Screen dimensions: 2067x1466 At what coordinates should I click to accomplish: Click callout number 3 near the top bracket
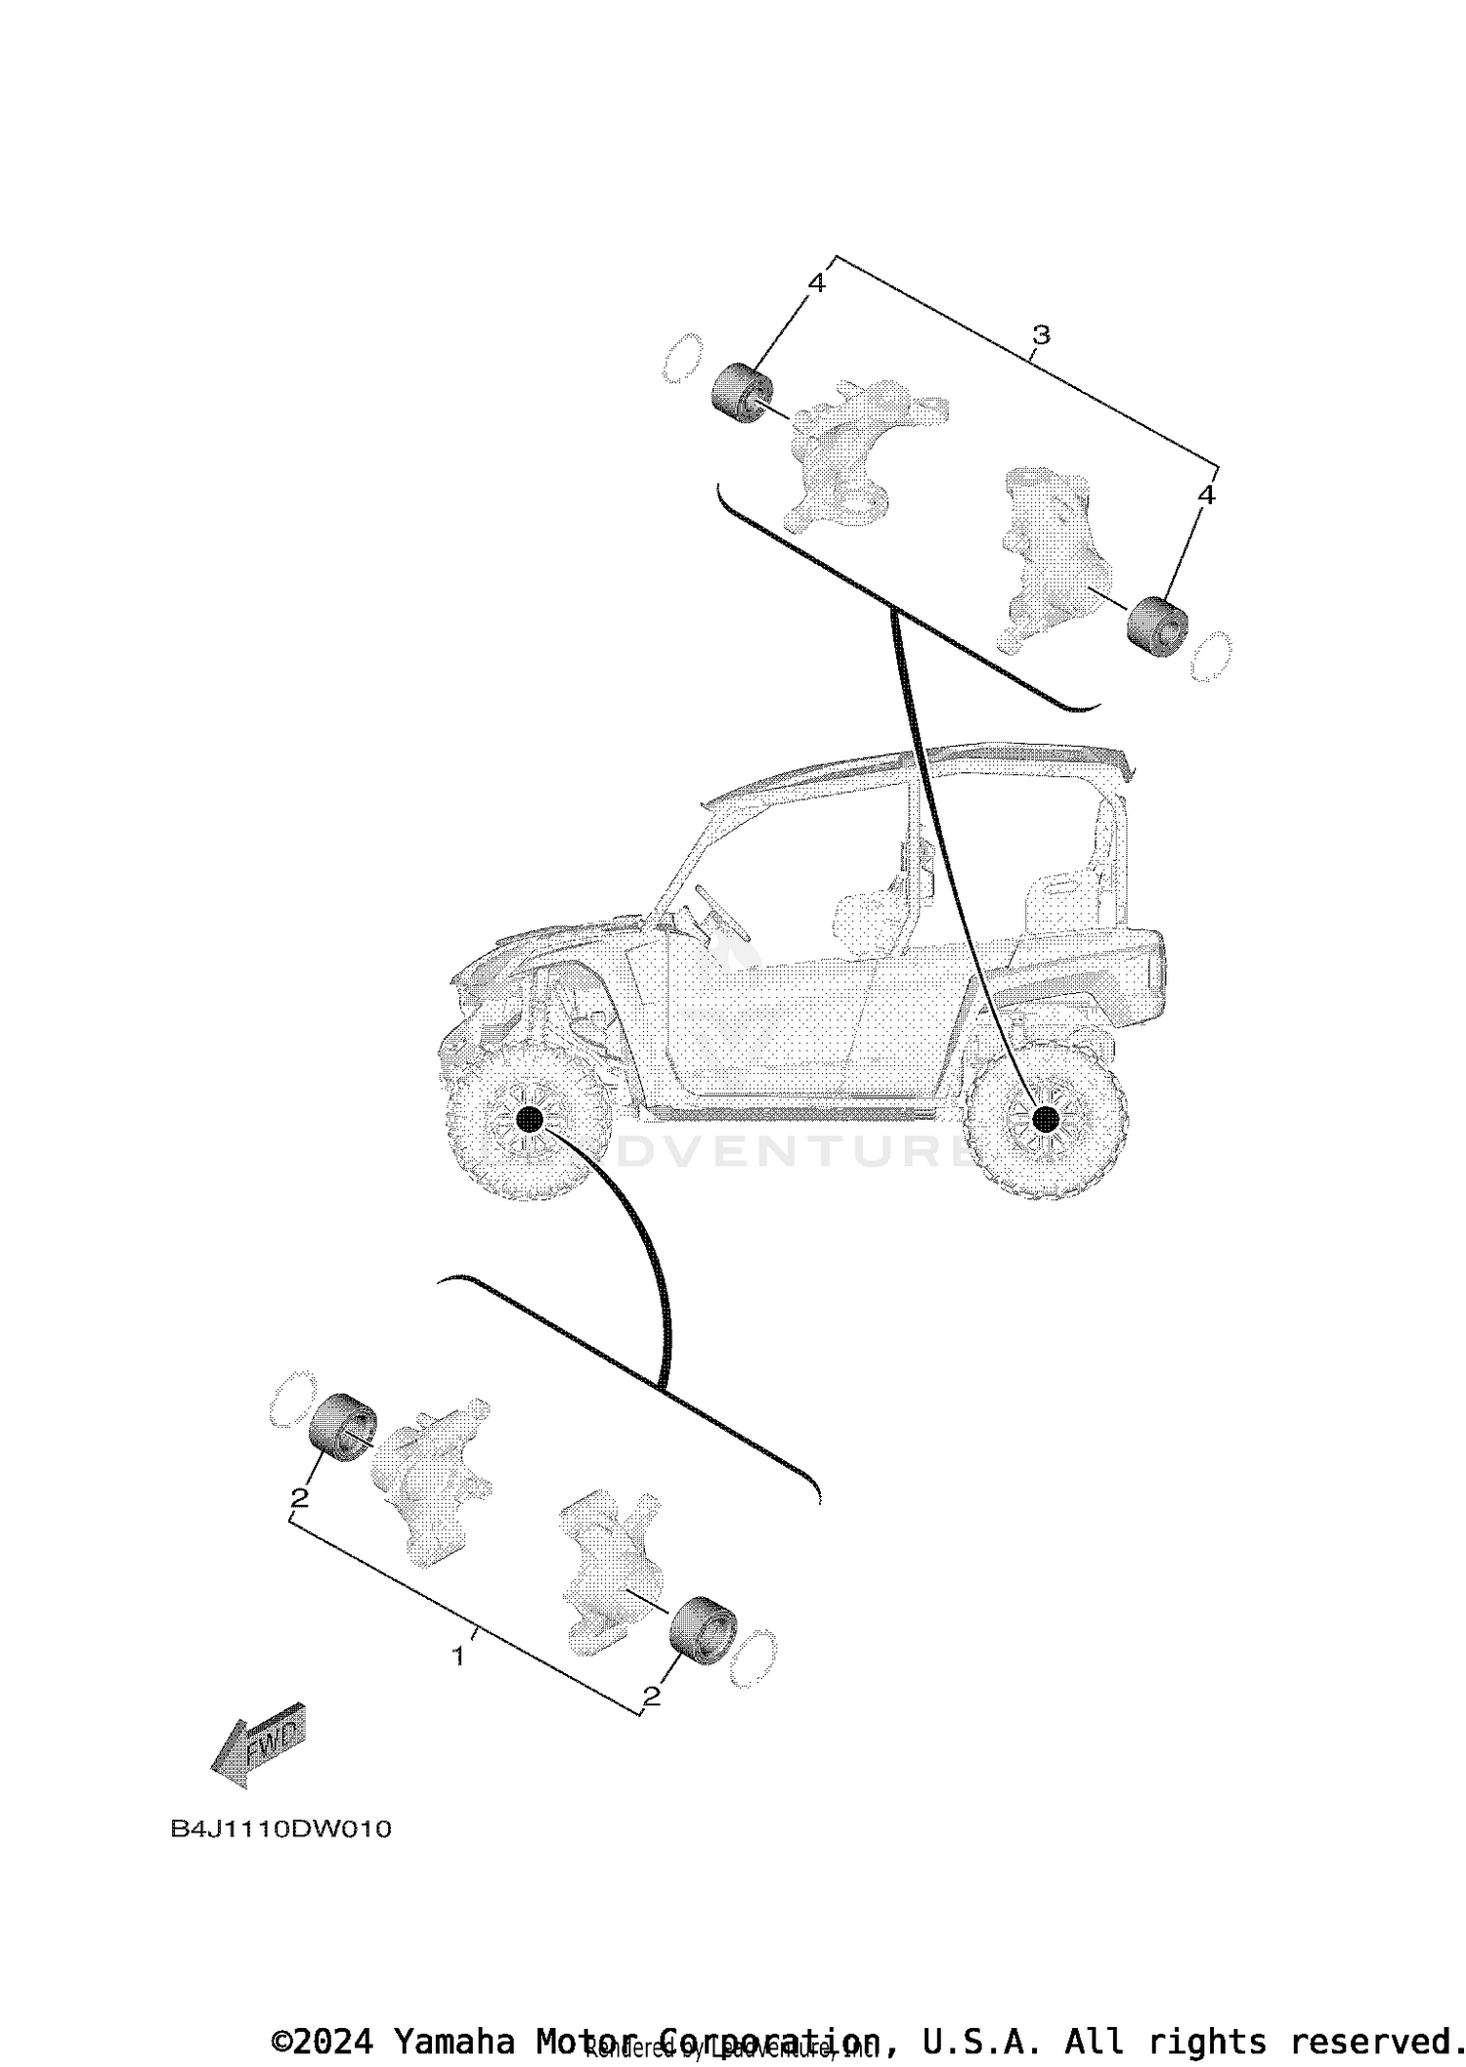1041,335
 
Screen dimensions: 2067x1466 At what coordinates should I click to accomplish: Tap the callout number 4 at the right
1206,495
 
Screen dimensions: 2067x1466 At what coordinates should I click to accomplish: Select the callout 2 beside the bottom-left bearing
299,1497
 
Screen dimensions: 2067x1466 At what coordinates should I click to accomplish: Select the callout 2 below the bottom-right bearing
652,1697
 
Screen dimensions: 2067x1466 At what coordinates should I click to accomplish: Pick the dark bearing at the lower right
701,1626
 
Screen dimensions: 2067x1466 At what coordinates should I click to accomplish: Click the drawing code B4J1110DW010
280,1829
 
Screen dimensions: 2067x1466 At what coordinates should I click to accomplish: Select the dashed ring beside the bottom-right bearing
754,1657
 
